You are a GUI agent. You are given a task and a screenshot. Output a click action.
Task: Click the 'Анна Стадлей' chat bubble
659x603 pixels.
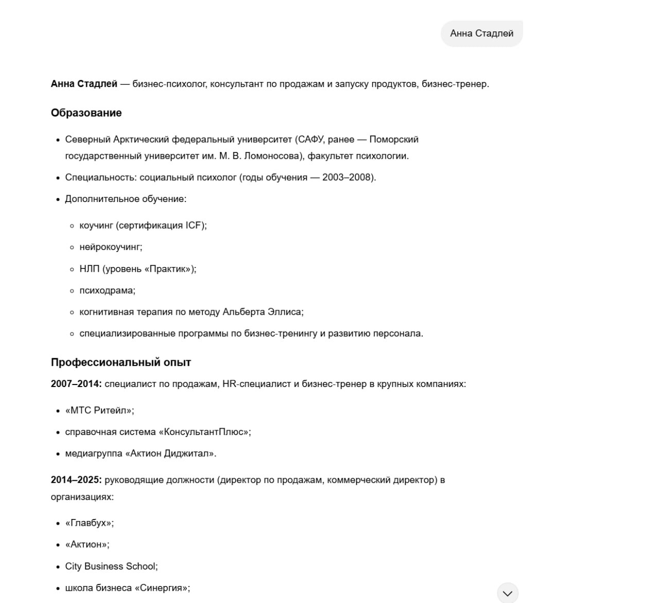coord(481,33)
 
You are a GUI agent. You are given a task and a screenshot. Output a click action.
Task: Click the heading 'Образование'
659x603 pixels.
coord(86,113)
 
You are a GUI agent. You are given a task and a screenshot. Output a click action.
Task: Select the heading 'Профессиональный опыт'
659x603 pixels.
coord(120,362)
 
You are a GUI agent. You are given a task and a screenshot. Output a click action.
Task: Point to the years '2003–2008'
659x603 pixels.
coord(347,177)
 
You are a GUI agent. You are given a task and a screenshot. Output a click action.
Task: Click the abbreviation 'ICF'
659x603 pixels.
coord(194,225)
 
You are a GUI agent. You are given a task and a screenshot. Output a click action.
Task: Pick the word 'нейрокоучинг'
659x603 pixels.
coord(110,247)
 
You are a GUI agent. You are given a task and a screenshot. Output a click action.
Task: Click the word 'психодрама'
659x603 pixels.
coord(106,290)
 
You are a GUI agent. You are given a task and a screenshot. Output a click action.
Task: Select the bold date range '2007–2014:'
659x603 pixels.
coord(76,384)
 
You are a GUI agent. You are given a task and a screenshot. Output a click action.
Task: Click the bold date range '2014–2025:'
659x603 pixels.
coord(76,480)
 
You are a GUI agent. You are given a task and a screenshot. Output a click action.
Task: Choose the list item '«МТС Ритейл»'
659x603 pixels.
coord(99,410)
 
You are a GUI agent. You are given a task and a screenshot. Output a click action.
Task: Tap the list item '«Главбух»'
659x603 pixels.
coord(89,523)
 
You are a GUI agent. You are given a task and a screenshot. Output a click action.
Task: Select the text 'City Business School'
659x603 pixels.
coord(110,566)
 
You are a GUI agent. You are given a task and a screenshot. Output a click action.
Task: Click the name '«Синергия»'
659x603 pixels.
coord(162,588)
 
